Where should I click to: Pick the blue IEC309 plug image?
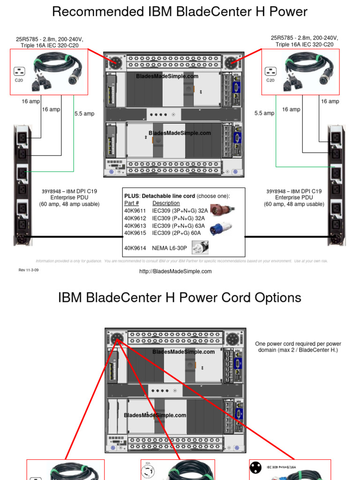click(220, 228)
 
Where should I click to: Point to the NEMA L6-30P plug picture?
click(200, 247)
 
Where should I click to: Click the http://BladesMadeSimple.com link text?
click(175, 271)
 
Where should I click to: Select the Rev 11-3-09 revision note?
click(29, 270)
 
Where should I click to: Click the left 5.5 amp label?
click(84, 113)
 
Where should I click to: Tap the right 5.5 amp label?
click(264, 113)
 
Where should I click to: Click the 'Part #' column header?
click(132, 203)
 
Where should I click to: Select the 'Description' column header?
click(166, 203)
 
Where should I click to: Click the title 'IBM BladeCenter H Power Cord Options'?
click(180, 298)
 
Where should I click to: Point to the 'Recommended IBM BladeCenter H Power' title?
click(180, 12)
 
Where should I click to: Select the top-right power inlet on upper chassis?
click(230, 62)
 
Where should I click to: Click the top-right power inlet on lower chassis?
click(232, 338)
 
